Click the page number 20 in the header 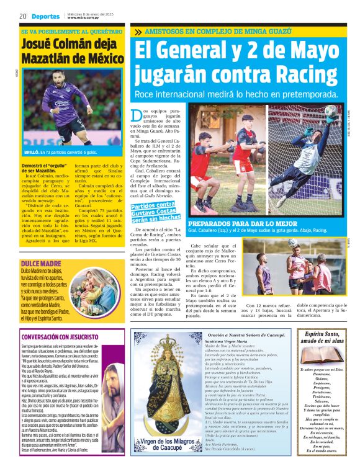tap(22, 16)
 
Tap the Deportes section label tap(47, 17)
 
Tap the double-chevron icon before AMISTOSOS tap(138, 31)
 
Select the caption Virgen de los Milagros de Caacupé tap(166, 446)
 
